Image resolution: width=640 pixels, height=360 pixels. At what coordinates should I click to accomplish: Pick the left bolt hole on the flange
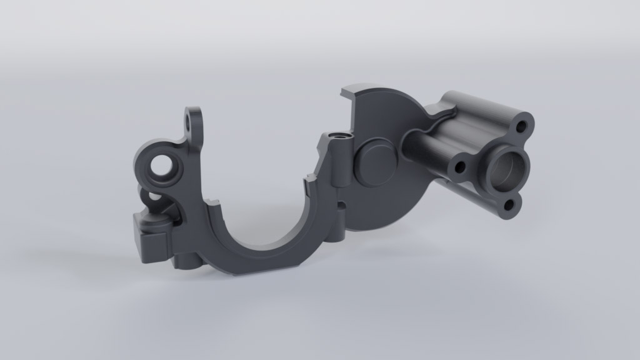tap(461, 167)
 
